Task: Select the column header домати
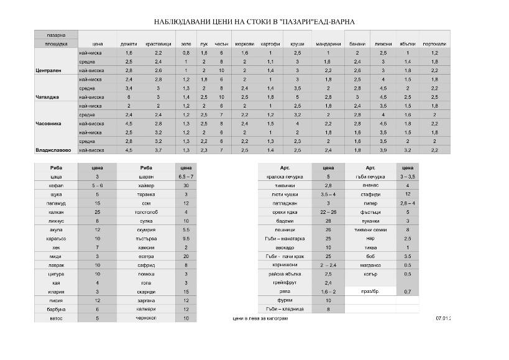[x=129, y=45]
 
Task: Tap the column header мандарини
[x=328, y=45]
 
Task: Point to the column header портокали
[x=434, y=45]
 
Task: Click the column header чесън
[x=221, y=45]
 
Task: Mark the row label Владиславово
[x=53, y=150]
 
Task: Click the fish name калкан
[x=56, y=212]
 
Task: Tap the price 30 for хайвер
[x=186, y=186]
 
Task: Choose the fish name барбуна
[x=56, y=309]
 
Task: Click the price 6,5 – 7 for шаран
[x=186, y=177]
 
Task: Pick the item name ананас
[x=370, y=186]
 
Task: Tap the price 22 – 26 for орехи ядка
[x=328, y=212]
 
